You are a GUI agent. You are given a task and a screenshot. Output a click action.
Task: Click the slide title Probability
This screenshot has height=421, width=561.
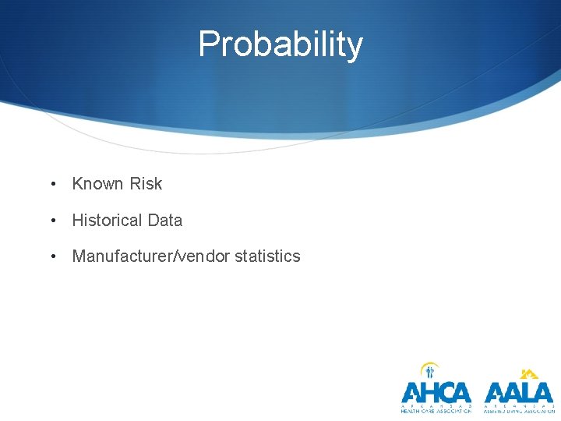[x=280, y=44]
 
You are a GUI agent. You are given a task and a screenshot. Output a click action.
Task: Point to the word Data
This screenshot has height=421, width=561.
[x=164, y=221]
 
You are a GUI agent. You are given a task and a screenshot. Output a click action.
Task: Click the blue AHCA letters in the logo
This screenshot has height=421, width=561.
[x=436, y=392]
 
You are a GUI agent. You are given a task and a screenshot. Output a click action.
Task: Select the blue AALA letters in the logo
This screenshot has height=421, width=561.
[x=518, y=392]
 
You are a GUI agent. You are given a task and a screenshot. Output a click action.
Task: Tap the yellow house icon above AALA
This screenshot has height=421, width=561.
[x=530, y=373]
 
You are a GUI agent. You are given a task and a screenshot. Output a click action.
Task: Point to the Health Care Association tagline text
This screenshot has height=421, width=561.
[x=436, y=411]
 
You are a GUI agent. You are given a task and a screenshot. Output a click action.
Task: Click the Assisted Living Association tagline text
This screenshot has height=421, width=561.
[x=518, y=411]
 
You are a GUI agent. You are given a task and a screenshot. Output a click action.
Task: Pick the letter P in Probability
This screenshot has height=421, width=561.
[x=209, y=44]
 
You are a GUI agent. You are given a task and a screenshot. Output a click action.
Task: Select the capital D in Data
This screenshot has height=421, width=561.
[x=153, y=221]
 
